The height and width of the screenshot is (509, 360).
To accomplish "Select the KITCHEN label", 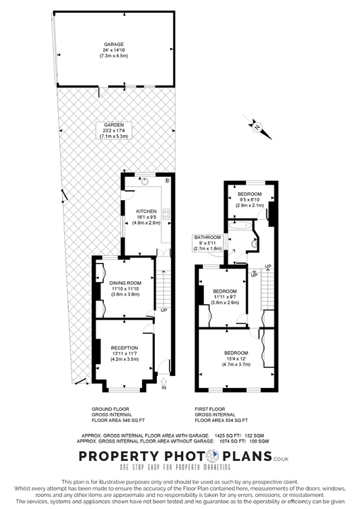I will click(x=146, y=211).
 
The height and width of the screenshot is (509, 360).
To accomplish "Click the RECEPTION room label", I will click(x=124, y=348).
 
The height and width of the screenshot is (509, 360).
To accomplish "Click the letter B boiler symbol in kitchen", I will click(x=167, y=182).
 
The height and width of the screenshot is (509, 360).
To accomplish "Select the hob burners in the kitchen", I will click(x=167, y=215).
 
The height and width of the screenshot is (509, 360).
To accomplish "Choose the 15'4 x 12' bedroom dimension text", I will click(x=236, y=358).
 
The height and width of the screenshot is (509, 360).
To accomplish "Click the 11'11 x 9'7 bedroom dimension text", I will click(x=225, y=297).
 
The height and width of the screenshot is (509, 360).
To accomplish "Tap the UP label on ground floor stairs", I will click(x=164, y=310).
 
